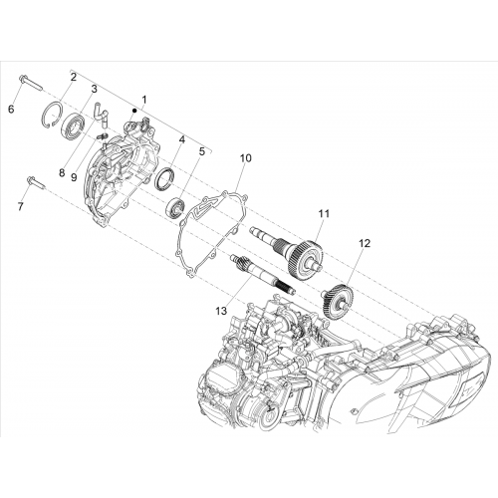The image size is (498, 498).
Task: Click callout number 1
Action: click(x=144, y=99)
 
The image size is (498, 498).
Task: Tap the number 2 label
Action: click(x=74, y=77)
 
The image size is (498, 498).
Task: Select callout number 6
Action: click(x=11, y=109)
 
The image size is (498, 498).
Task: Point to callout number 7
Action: click(x=21, y=206)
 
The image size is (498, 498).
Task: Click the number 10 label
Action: click(x=246, y=158)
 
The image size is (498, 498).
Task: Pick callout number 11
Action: click(x=324, y=213)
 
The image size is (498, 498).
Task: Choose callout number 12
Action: click(x=365, y=243)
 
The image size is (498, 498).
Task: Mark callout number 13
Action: click(x=221, y=311)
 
